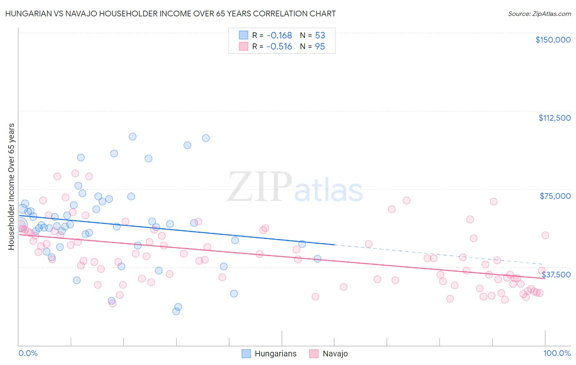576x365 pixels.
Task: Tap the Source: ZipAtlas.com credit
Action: pos(539,14)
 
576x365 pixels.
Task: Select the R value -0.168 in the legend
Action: pos(279,36)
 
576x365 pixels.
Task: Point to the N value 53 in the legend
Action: pos(320,36)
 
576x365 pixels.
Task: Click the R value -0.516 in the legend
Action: pos(279,47)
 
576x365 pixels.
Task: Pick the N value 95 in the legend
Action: pos(320,47)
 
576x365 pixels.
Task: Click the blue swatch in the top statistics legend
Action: pos(244,36)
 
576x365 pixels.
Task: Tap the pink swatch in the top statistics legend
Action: pos(244,47)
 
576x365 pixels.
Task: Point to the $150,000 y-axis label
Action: pos(553,40)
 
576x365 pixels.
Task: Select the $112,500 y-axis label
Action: pos(554,118)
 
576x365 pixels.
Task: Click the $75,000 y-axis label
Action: pos(555,196)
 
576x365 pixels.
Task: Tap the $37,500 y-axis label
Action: pos(556,274)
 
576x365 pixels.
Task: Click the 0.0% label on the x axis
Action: pos(28,353)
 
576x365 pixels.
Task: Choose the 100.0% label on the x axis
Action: pos(557,353)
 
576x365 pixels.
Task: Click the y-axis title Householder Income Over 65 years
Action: pos(11,187)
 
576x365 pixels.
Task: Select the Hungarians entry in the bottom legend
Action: pos(269,354)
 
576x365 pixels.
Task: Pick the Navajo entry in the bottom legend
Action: pos(329,354)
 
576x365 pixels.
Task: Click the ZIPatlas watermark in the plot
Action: pos(295,187)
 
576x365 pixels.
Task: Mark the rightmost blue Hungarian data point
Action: pos(317,259)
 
